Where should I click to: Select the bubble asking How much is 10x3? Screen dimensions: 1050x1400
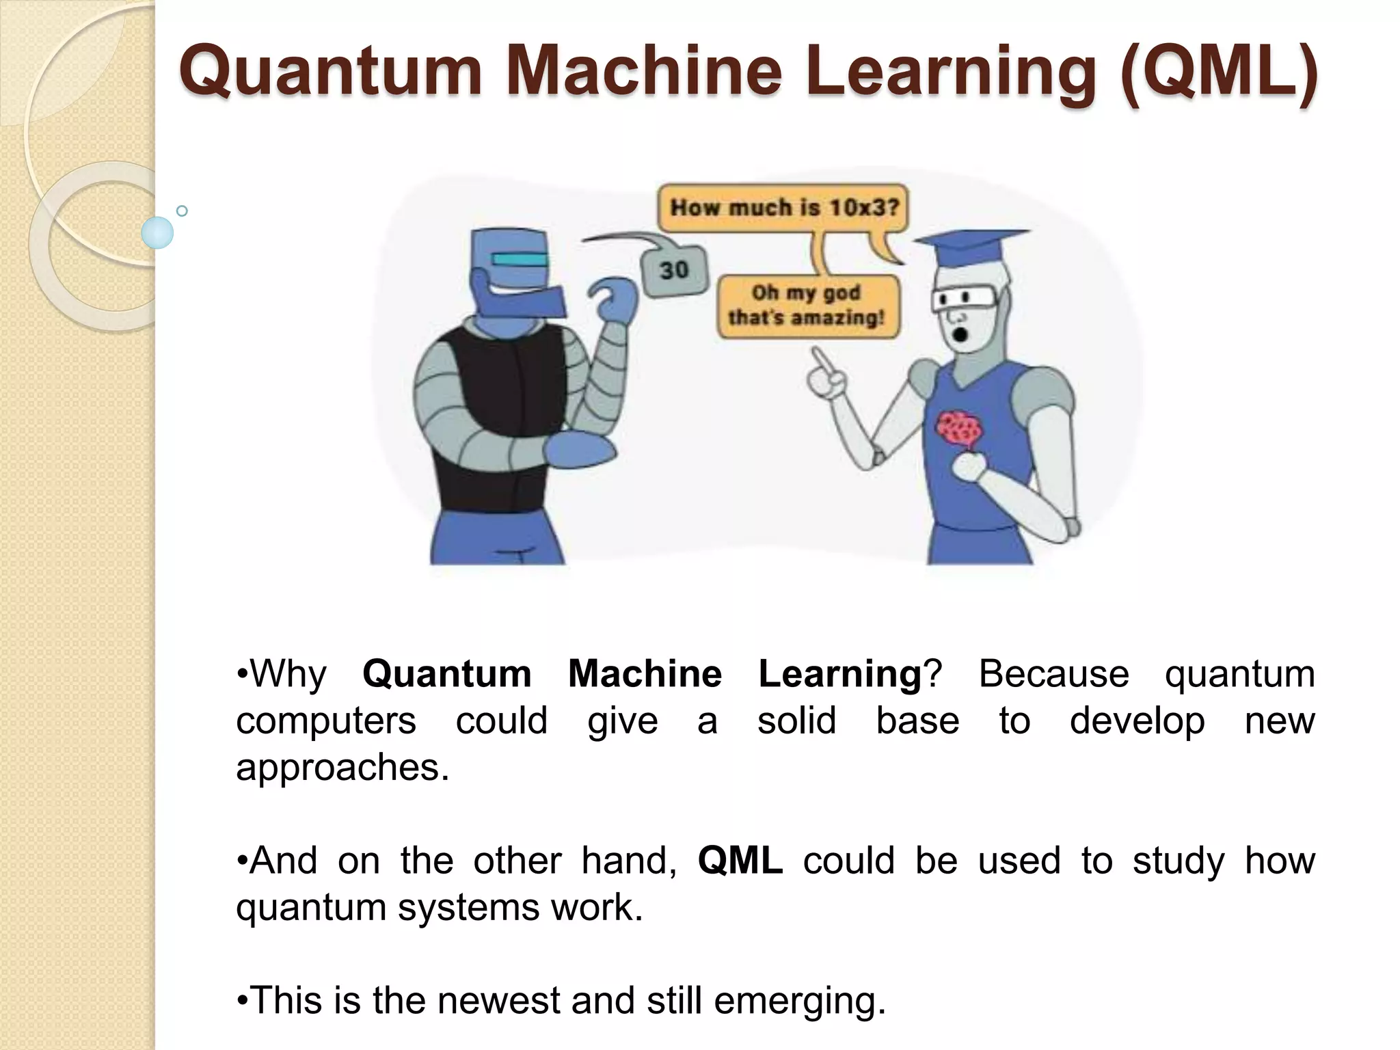click(783, 207)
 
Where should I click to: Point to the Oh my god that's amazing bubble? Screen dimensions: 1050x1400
click(806, 306)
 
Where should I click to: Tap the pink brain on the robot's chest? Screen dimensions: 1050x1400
click(960, 429)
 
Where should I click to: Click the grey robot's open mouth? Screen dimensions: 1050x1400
click(960, 335)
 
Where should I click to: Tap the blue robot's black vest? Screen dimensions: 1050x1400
click(506, 410)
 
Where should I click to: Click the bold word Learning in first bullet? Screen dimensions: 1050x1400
click(840, 674)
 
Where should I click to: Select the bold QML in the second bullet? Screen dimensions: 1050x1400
click(740, 861)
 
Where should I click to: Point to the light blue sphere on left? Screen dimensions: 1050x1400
click(157, 232)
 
